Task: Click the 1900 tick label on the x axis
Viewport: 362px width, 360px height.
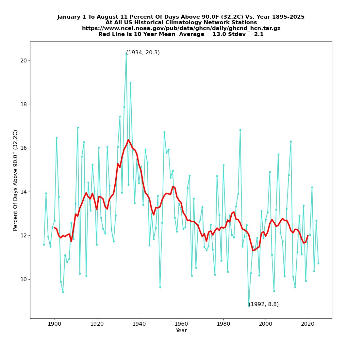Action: click(54, 324)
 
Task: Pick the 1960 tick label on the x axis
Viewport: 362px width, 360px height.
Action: click(181, 324)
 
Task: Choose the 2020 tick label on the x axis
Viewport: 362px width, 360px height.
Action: click(308, 324)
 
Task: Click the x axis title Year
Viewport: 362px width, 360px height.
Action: click(181, 331)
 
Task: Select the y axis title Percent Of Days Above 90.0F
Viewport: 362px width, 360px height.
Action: click(15, 180)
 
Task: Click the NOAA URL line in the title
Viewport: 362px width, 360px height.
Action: click(181, 28)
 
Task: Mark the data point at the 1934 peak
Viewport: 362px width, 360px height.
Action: click(126, 54)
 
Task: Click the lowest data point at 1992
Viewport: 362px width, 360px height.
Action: click(249, 305)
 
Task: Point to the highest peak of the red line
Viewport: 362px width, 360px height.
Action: click(128, 140)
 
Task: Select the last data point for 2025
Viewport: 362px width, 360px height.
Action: click(318, 263)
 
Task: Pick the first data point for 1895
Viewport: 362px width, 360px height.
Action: click(44, 245)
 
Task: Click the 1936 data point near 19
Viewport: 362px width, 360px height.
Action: click(130, 83)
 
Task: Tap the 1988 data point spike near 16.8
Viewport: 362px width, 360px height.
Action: click(240, 130)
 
